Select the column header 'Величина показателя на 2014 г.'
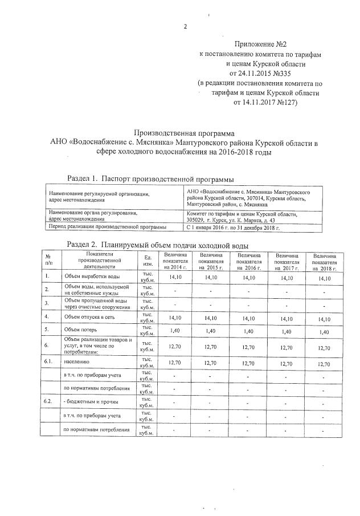(x=174, y=261)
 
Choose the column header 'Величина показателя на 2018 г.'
(x=324, y=261)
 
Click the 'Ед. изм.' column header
(x=148, y=261)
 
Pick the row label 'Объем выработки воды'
(x=91, y=277)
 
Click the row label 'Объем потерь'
(x=80, y=330)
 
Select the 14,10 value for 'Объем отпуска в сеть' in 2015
(x=211, y=317)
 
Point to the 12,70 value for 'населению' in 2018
(x=324, y=363)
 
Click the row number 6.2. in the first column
(x=48, y=402)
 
